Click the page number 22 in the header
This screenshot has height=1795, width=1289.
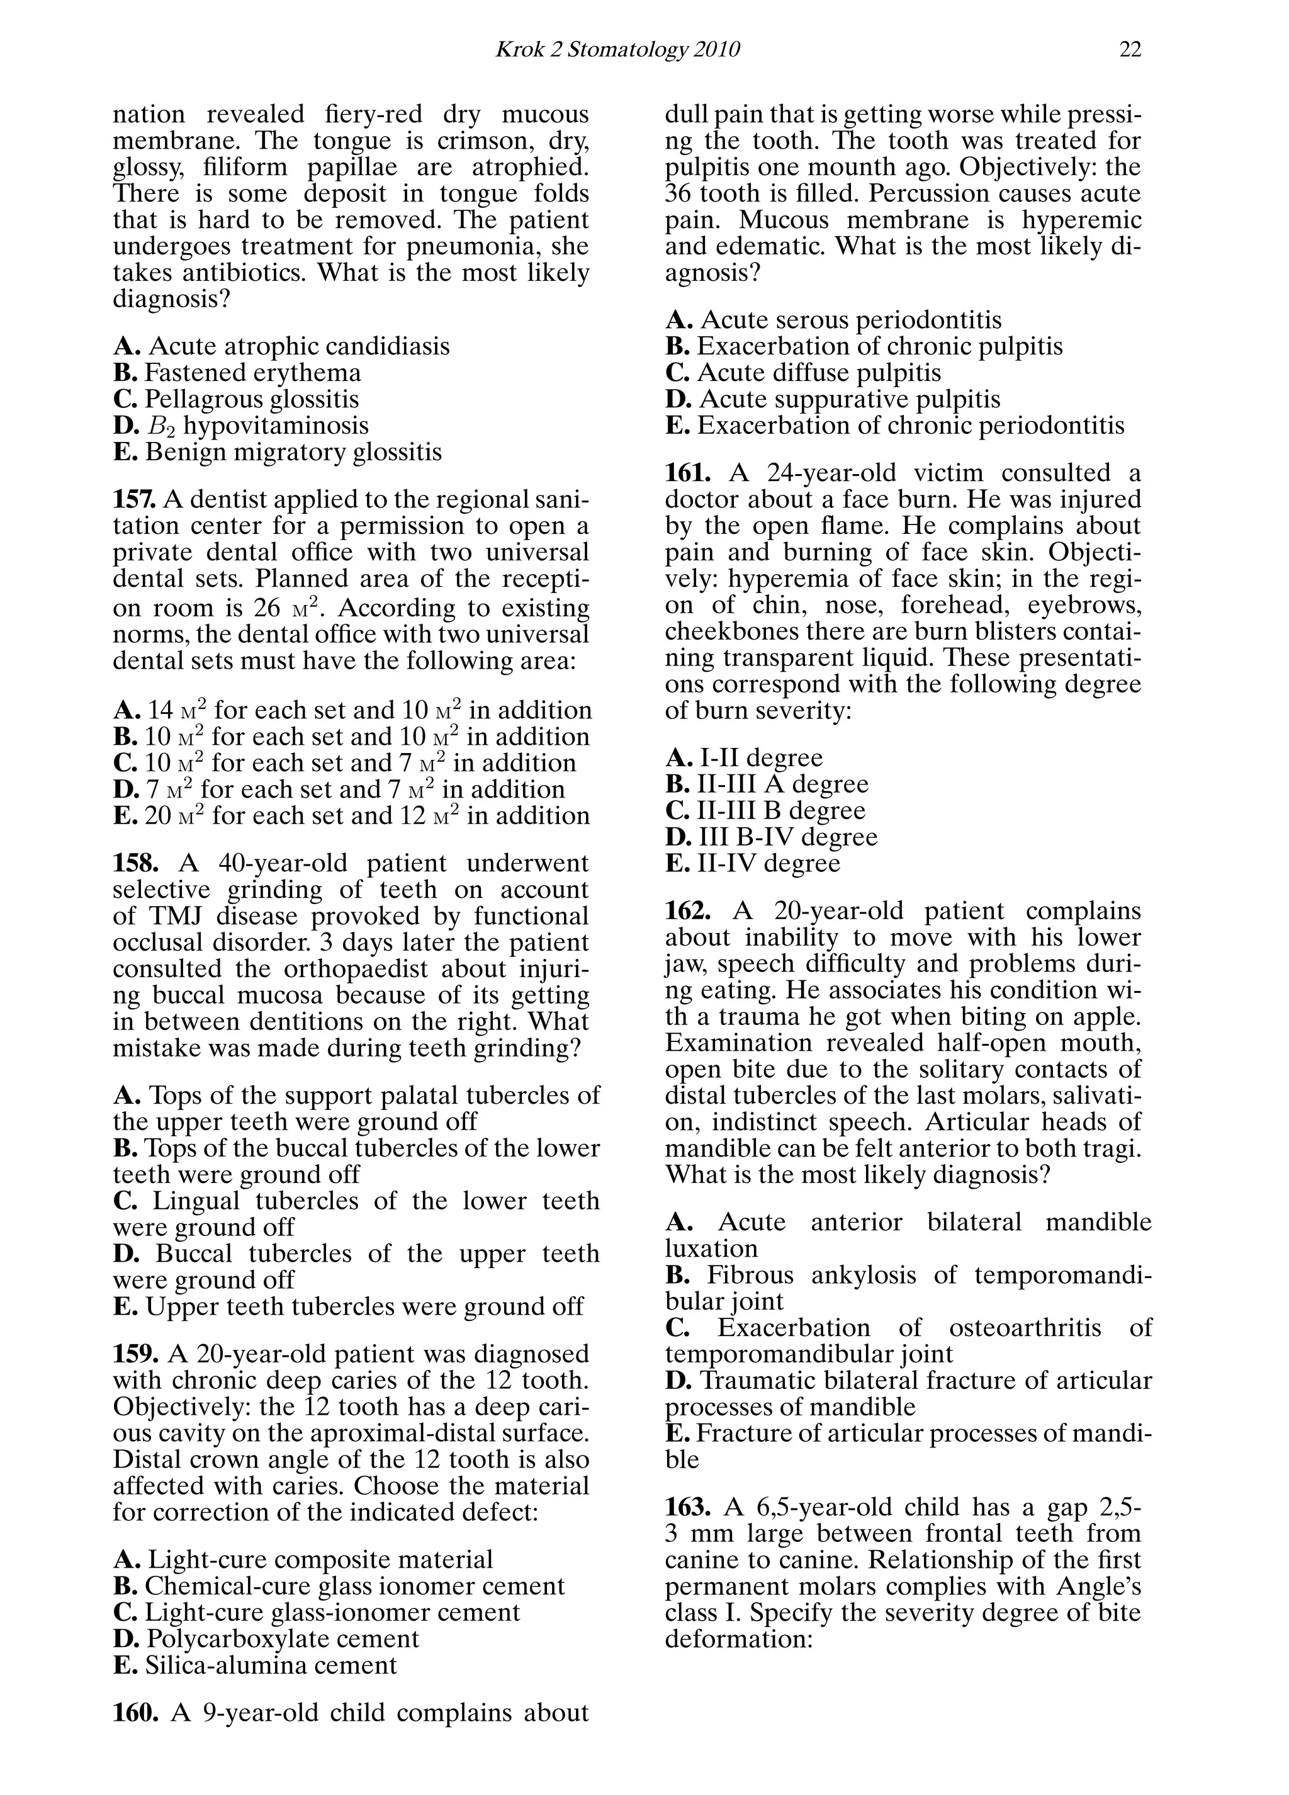1130,50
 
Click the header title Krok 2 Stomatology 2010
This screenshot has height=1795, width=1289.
617,50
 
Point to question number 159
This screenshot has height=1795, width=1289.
135,1354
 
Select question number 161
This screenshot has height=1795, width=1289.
687,473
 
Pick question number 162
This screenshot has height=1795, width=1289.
687,911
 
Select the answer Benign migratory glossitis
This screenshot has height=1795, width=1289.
293,452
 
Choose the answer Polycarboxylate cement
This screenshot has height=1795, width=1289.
282,1638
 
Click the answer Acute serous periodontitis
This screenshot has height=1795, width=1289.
851,320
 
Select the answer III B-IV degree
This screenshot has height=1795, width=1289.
787,837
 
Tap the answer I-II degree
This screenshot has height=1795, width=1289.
760,758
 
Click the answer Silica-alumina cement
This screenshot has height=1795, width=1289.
271,1665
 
